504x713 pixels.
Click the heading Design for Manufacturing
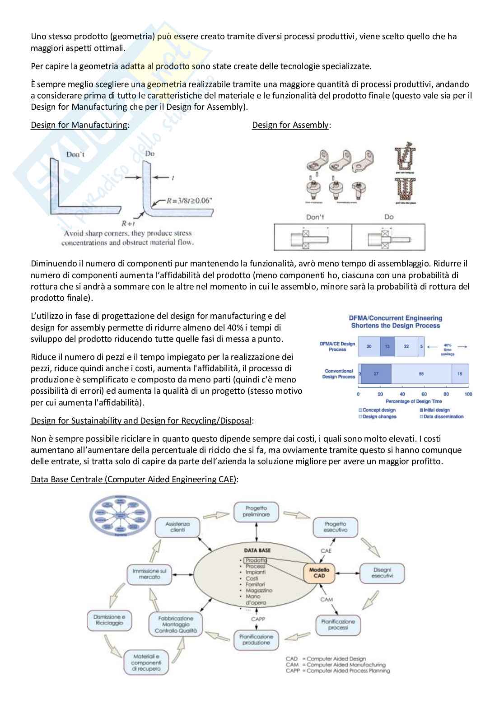[79, 125]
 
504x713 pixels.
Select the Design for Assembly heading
[290, 125]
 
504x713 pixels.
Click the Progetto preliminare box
[256, 511]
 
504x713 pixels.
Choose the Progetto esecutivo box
[335, 527]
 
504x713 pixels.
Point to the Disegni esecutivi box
[382, 573]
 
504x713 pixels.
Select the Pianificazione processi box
[338, 624]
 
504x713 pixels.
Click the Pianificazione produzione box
[256, 639]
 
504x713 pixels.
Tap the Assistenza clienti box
[177, 527]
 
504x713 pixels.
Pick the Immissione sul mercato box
[149, 574]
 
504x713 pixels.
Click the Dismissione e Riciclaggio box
[109, 620]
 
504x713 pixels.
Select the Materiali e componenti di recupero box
[143, 662]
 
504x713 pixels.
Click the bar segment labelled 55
[421, 374]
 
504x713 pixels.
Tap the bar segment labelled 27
[376, 374]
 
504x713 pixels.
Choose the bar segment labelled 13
[387, 346]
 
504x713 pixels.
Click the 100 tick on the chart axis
[468, 394]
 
